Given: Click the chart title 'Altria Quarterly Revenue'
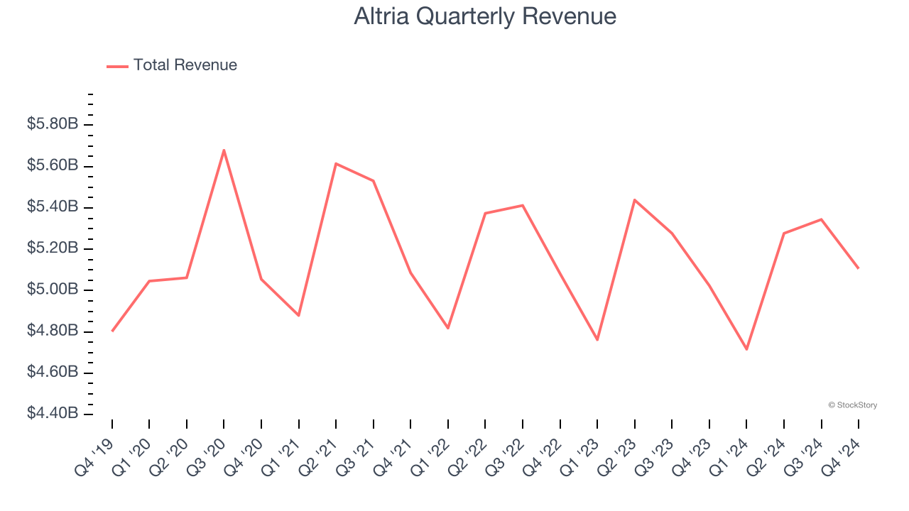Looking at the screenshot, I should [485, 16].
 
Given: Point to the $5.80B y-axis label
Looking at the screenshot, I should [53, 124].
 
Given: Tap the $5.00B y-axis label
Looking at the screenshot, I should [53, 290].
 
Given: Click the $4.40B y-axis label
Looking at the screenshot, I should [53, 414].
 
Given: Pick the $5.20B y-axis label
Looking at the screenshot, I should [53, 248].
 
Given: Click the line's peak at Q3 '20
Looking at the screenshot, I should [224, 150].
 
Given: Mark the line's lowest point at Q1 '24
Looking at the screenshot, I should [746, 349].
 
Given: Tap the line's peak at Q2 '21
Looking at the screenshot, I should [336, 164].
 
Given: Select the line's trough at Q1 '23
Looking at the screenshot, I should [597, 340].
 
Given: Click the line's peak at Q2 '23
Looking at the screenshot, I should [634, 200].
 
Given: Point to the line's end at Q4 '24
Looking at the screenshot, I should [858, 268].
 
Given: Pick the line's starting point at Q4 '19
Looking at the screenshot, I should [112, 331].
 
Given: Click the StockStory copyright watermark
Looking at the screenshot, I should [852, 405].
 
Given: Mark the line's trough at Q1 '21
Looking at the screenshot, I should [298, 315].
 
